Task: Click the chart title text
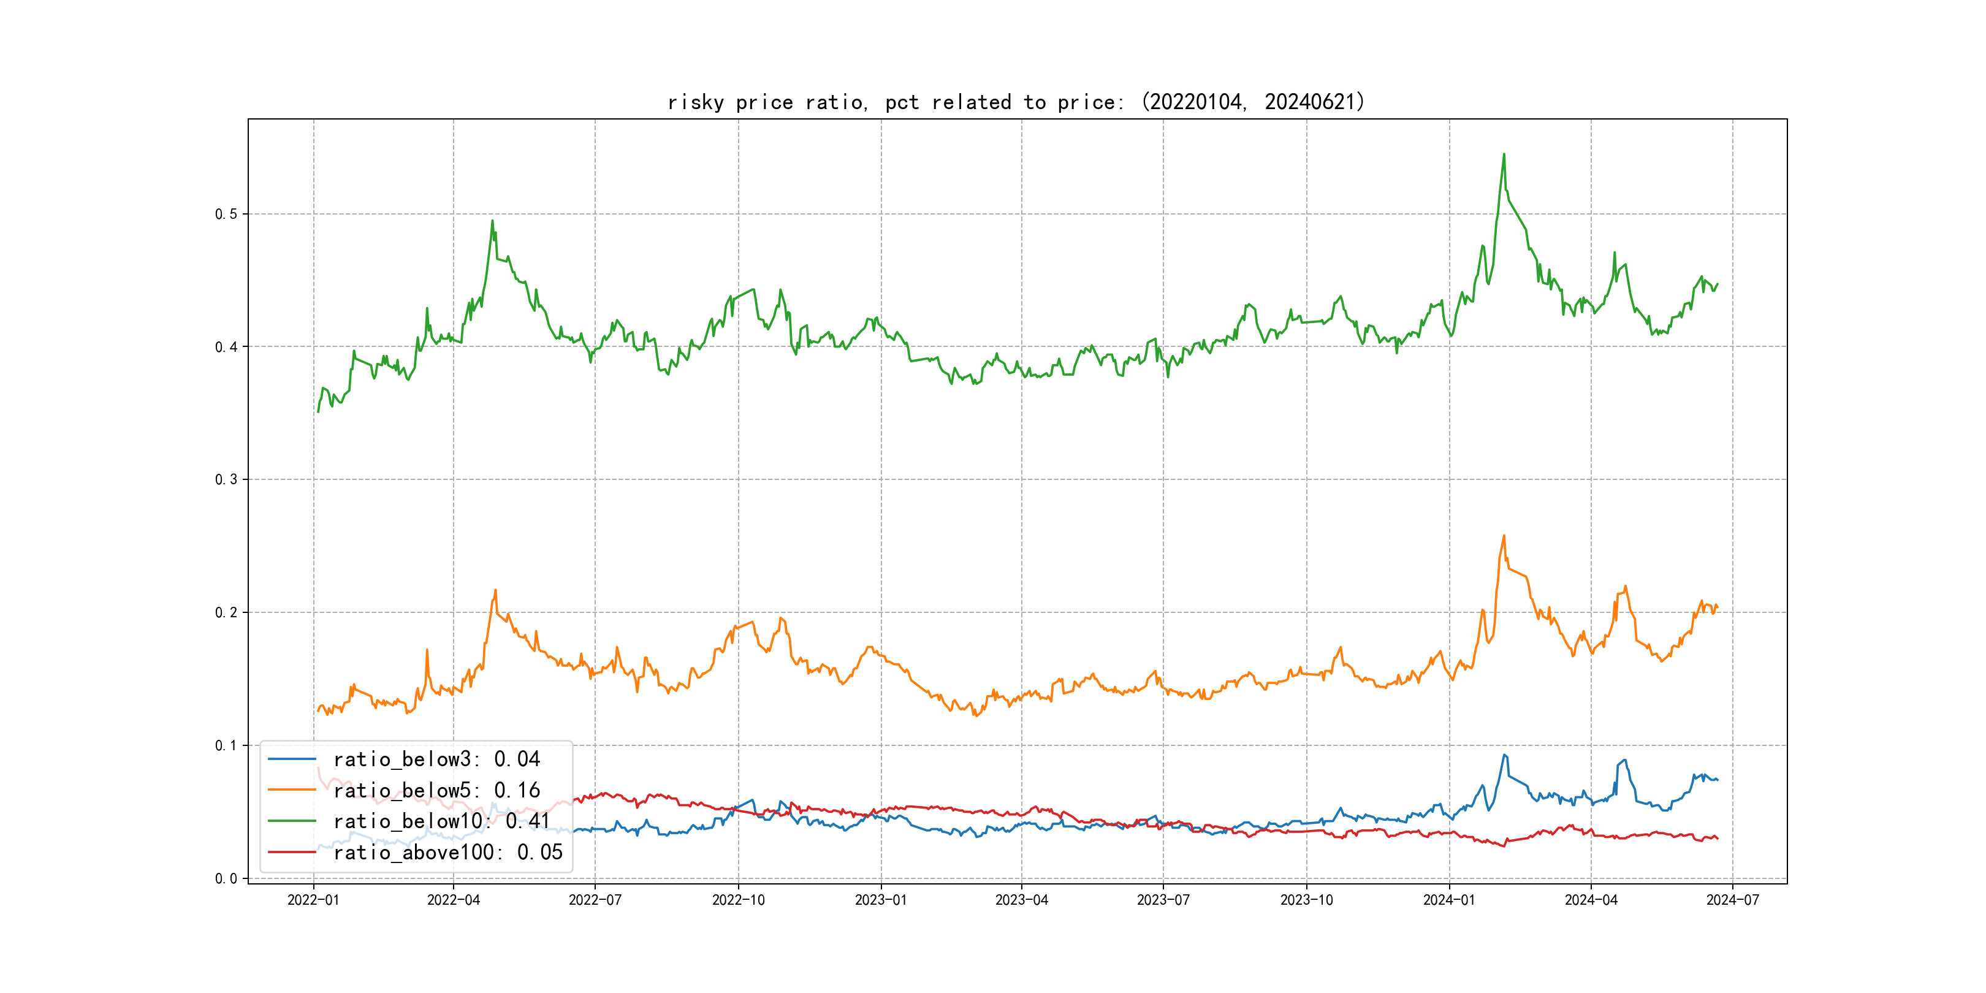pos(1016,102)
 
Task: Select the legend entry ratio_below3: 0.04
pos(436,759)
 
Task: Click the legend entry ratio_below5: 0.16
pos(436,790)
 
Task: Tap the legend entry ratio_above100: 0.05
pos(448,852)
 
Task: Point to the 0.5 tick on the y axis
pos(226,215)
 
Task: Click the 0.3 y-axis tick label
pos(226,479)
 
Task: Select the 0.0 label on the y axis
pos(226,878)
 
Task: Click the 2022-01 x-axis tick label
pos(313,900)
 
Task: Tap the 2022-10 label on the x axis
pos(738,900)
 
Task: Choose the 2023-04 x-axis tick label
pos(1022,900)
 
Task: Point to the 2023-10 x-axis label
pos(1306,900)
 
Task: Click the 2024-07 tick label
pos(1732,900)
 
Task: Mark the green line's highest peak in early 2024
pos(1504,154)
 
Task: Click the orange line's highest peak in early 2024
pos(1504,536)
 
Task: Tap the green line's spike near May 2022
pos(493,221)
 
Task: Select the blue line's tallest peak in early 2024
pos(1504,755)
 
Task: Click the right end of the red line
pos(1718,838)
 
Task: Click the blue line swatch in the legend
pos(291,759)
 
